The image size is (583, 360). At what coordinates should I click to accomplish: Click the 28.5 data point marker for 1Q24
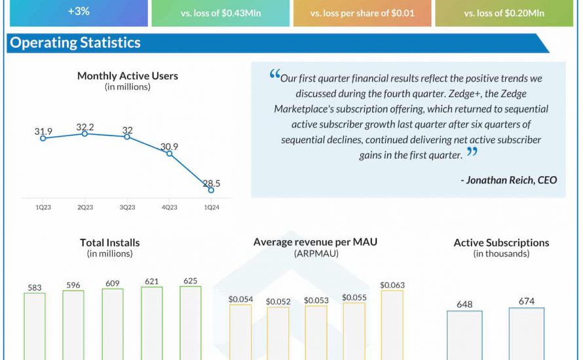[x=211, y=190]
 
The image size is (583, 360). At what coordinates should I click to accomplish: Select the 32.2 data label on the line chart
[x=85, y=126]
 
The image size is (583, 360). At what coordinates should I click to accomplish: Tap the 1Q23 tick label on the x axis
[x=43, y=207]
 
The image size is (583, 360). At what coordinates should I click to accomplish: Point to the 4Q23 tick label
[x=169, y=207]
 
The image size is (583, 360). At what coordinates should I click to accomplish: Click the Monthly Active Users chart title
[x=127, y=76]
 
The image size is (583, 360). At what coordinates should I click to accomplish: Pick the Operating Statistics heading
[x=75, y=43]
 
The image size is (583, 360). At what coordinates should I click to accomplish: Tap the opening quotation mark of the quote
[x=274, y=75]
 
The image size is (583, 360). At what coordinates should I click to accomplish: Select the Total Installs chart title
[x=109, y=242]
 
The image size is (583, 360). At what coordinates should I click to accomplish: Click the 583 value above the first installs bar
[x=35, y=287]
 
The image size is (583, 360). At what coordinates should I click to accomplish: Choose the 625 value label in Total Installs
[x=190, y=281]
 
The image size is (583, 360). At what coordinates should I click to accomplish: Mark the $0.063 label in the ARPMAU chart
[x=392, y=285]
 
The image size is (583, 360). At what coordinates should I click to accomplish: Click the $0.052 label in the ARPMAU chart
[x=278, y=301]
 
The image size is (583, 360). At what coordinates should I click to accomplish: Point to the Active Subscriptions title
[x=501, y=243]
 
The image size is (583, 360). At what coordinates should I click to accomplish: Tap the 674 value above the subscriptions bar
[x=526, y=301]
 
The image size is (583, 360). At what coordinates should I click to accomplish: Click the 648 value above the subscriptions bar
[x=464, y=304]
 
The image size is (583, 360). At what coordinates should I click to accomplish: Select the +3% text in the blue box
[x=78, y=11]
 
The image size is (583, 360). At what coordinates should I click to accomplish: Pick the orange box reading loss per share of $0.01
[x=362, y=13]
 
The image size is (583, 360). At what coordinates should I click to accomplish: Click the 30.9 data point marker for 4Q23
[x=169, y=153]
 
